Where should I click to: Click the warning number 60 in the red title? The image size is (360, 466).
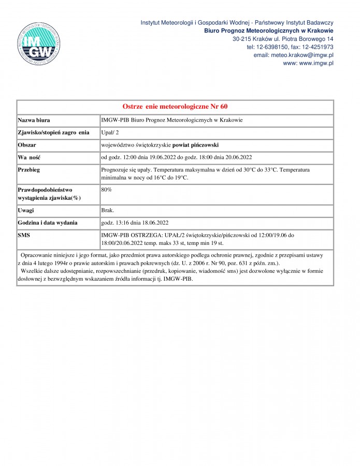(x=223, y=107)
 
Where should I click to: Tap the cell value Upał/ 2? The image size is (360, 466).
(x=110, y=133)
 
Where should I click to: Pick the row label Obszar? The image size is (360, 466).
(x=27, y=145)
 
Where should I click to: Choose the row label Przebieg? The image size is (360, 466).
(x=30, y=169)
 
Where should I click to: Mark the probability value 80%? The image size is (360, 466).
(x=106, y=190)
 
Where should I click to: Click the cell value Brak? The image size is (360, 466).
(x=108, y=211)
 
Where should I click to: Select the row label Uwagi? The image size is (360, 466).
(x=26, y=211)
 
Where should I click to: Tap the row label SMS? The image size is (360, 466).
(x=25, y=236)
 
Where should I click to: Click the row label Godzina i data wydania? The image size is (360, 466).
(x=48, y=223)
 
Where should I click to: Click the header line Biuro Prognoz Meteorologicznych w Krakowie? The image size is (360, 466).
(x=268, y=31)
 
